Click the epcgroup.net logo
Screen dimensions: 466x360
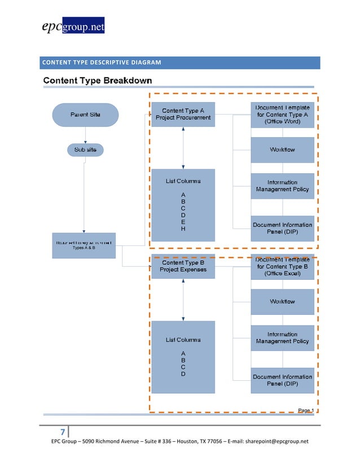point(72,26)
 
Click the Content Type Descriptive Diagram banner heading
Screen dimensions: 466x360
point(101,62)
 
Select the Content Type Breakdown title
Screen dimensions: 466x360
point(98,80)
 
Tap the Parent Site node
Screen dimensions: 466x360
point(86,115)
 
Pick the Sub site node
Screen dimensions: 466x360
point(86,150)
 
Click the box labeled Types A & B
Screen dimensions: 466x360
point(84,245)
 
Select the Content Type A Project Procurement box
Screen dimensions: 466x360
point(183,114)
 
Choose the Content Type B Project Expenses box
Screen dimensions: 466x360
point(183,266)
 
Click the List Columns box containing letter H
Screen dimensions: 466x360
point(183,205)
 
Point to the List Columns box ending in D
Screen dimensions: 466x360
point(183,357)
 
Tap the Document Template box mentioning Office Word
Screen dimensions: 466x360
point(282,115)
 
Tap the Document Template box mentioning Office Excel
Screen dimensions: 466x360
point(282,266)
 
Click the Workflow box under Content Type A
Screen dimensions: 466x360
point(282,150)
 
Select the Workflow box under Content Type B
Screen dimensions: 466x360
point(282,301)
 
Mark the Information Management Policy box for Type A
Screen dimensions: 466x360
point(282,186)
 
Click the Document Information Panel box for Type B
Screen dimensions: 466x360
point(282,380)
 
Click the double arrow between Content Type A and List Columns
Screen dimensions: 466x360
point(183,148)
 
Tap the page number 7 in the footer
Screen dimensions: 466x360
point(63,432)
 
